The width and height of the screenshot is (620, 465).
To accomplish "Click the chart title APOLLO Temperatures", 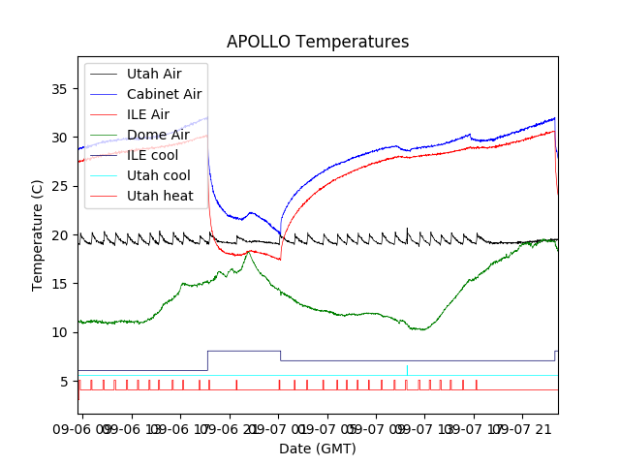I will [x=318, y=43].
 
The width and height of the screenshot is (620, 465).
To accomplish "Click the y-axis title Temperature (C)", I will [x=38, y=234].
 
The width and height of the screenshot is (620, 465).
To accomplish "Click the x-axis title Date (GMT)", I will [x=318, y=449].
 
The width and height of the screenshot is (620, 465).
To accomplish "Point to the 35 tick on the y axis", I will [x=60, y=89].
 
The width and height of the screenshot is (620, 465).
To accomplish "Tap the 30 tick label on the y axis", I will [x=60, y=138].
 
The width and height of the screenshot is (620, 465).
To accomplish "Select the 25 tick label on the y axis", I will [x=60, y=186].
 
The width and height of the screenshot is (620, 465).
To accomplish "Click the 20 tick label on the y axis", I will [x=60, y=235].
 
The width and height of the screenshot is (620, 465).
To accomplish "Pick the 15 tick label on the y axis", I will [x=60, y=284].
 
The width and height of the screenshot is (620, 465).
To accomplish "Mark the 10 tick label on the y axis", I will [x=60, y=332].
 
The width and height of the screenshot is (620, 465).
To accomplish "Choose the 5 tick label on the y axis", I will [x=64, y=381].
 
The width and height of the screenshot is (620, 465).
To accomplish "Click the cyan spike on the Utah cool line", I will [x=407, y=370].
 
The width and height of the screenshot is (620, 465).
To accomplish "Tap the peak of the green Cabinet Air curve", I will [x=250, y=252].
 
